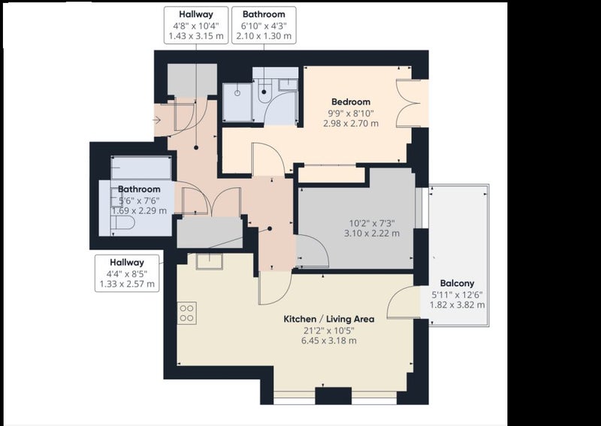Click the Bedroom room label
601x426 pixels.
[x=351, y=102]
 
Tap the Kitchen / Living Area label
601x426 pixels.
[x=329, y=319]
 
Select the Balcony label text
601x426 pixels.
[x=457, y=283]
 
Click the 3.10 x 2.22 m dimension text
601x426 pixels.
[x=371, y=233]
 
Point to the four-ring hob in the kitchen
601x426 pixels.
[x=186, y=313]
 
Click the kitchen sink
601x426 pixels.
[x=210, y=261]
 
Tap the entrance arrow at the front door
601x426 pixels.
[x=156, y=120]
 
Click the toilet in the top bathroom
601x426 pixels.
[x=264, y=91]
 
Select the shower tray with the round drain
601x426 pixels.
[x=237, y=103]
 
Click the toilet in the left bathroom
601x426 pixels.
[x=122, y=222]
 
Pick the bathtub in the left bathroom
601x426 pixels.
[x=141, y=168]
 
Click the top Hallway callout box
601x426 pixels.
[x=196, y=26]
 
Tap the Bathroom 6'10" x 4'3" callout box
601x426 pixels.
[x=264, y=26]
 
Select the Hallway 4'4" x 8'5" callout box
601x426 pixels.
[x=127, y=273]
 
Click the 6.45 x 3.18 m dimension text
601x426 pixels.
[x=329, y=340]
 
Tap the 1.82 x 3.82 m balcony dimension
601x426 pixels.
[x=457, y=305]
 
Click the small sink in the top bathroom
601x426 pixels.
[x=288, y=85]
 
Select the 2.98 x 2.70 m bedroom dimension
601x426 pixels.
[x=351, y=123]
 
